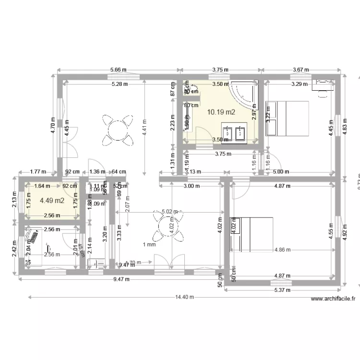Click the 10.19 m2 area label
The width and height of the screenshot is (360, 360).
click(221, 112)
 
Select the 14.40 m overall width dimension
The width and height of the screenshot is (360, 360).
click(184, 297)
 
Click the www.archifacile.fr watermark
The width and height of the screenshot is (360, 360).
click(333, 299)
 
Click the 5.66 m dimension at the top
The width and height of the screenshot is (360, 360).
click(119, 70)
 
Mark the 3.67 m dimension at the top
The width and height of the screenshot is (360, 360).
click(300, 70)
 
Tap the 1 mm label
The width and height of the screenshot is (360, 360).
click(149, 245)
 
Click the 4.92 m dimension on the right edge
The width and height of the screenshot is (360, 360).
click(344, 236)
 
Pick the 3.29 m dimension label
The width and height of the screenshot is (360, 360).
click(300, 84)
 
